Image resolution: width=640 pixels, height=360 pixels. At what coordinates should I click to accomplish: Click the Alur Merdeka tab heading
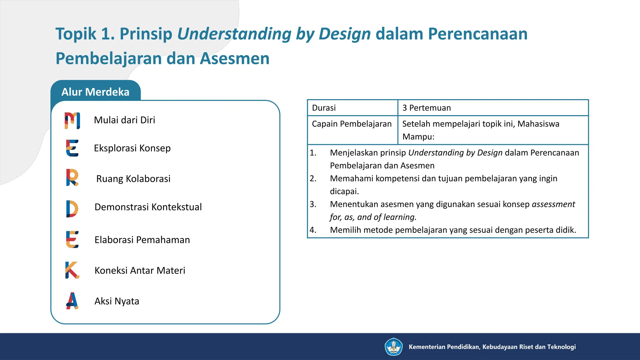pos(95,92)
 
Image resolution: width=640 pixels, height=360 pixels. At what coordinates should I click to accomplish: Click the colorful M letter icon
pos(72,120)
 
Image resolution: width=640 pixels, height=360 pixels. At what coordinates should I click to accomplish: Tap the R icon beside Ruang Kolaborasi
pos(72,177)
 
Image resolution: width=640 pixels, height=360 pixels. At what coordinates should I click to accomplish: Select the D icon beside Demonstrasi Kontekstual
pos(72,208)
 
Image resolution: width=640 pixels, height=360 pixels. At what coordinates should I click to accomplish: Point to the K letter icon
pos(72,270)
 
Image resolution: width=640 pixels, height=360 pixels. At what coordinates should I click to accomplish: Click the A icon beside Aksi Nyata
pos(72,301)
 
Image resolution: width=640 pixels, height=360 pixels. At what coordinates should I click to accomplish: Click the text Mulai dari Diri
pos(124,120)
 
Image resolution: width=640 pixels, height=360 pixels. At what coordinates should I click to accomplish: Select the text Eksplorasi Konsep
pos(132,148)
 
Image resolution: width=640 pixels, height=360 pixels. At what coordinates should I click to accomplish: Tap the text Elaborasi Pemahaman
pos(142,240)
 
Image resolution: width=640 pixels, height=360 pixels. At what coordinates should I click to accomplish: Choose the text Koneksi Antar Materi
pos(140,270)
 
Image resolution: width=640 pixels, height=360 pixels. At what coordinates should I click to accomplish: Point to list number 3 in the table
pos(313,204)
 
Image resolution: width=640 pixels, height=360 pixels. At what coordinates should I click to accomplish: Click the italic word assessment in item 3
pos(553,204)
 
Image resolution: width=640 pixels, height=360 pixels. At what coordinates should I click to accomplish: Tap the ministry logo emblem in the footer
pos(393,347)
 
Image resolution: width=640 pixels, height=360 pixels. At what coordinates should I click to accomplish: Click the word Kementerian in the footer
pos(427,347)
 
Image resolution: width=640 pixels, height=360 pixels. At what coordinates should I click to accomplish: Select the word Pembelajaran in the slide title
pos(108,59)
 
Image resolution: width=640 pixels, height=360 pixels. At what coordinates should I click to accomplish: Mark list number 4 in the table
pos(313,230)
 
